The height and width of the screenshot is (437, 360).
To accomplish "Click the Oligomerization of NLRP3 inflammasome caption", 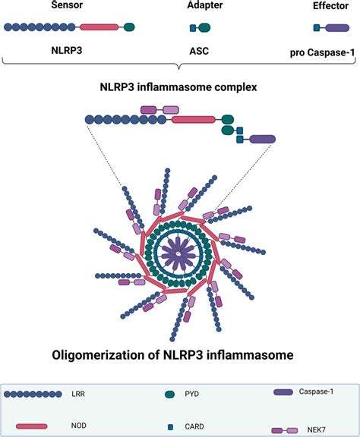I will click(x=180, y=353).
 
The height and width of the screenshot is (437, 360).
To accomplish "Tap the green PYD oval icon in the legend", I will click(x=170, y=395).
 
